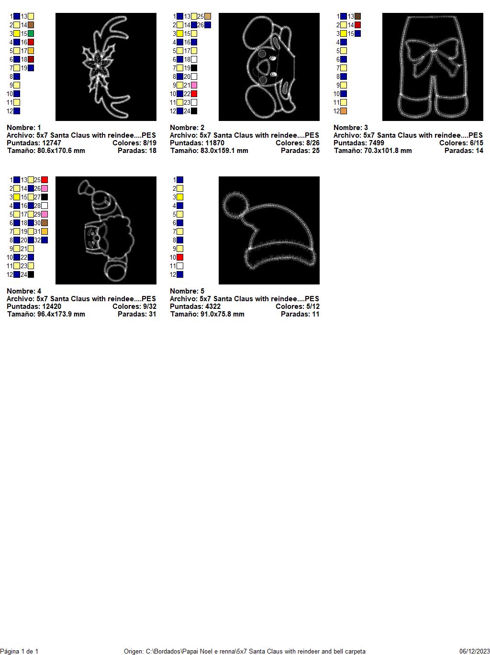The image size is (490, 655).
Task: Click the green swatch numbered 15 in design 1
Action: pyautogui.click(x=31, y=33)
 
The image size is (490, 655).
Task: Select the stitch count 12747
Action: pyautogui.click(x=49, y=143)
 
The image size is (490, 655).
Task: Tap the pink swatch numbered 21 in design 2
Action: pyautogui.click(x=194, y=85)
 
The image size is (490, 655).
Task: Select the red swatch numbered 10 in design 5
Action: pyautogui.click(x=180, y=257)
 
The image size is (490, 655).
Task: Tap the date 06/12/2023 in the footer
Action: pyautogui.click(x=475, y=651)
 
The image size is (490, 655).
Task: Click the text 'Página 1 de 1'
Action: pyautogui.click(x=19, y=651)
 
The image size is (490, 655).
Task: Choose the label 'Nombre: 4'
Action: pyautogui.click(x=24, y=291)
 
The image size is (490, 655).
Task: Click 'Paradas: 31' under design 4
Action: pyautogui.click(x=137, y=314)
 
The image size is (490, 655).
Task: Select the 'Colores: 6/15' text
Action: pyautogui.click(x=461, y=143)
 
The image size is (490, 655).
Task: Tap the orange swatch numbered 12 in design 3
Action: pyautogui.click(x=344, y=111)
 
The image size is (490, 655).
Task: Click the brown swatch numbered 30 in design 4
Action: pyautogui.click(x=45, y=223)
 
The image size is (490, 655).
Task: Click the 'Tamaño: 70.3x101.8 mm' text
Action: pyautogui.click(x=373, y=151)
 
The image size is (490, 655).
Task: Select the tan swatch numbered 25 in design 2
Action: pyautogui.click(x=208, y=16)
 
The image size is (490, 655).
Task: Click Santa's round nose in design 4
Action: pyautogui.click(x=97, y=238)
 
